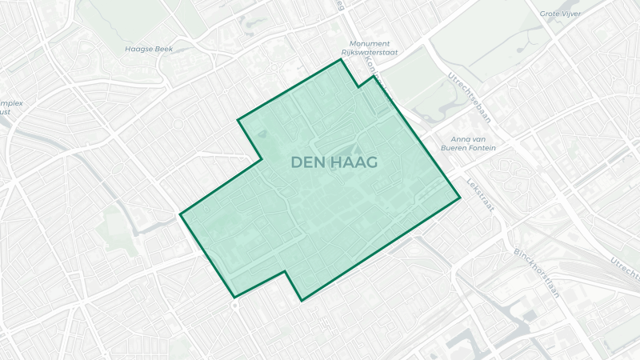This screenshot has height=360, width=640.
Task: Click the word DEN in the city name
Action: pos(307,162)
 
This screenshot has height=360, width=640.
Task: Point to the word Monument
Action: pos(370,43)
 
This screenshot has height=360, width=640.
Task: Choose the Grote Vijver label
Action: pos(559,14)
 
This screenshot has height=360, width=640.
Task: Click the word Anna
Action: pos(462,138)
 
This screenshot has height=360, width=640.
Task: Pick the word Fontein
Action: pos(479,148)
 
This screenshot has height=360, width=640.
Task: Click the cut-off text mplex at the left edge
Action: pos(11,103)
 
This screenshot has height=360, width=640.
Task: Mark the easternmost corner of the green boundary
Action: pos(461,198)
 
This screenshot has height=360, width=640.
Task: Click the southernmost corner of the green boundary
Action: pos(302,301)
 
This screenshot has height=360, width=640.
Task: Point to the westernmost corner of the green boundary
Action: pos(180,214)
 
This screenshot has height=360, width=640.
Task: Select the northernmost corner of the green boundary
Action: pos(342,59)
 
